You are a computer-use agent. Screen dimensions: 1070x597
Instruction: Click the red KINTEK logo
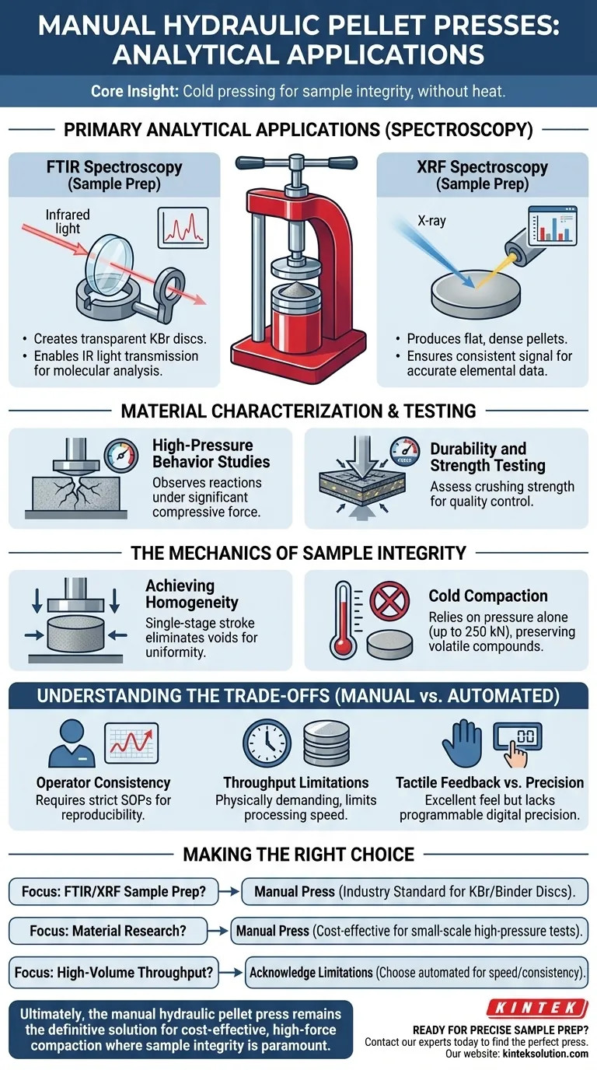tap(536, 1009)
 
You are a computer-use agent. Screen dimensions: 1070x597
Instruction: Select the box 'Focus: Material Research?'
tap(107, 930)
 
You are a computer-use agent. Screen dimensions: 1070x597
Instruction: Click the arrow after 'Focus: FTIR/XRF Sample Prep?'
tap(229, 890)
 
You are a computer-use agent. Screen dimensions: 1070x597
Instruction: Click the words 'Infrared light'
tap(68, 222)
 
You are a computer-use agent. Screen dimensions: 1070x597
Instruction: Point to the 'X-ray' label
tap(432, 221)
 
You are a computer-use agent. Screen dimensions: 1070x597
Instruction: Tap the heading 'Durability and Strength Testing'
tap(477, 457)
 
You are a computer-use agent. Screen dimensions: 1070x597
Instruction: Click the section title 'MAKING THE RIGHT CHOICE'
tap(298, 855)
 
